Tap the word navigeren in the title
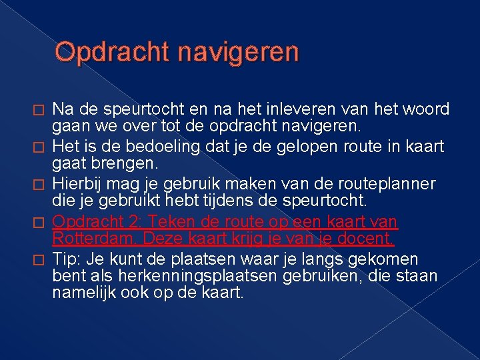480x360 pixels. coord(239,53)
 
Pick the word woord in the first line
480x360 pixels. coord(426,109)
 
